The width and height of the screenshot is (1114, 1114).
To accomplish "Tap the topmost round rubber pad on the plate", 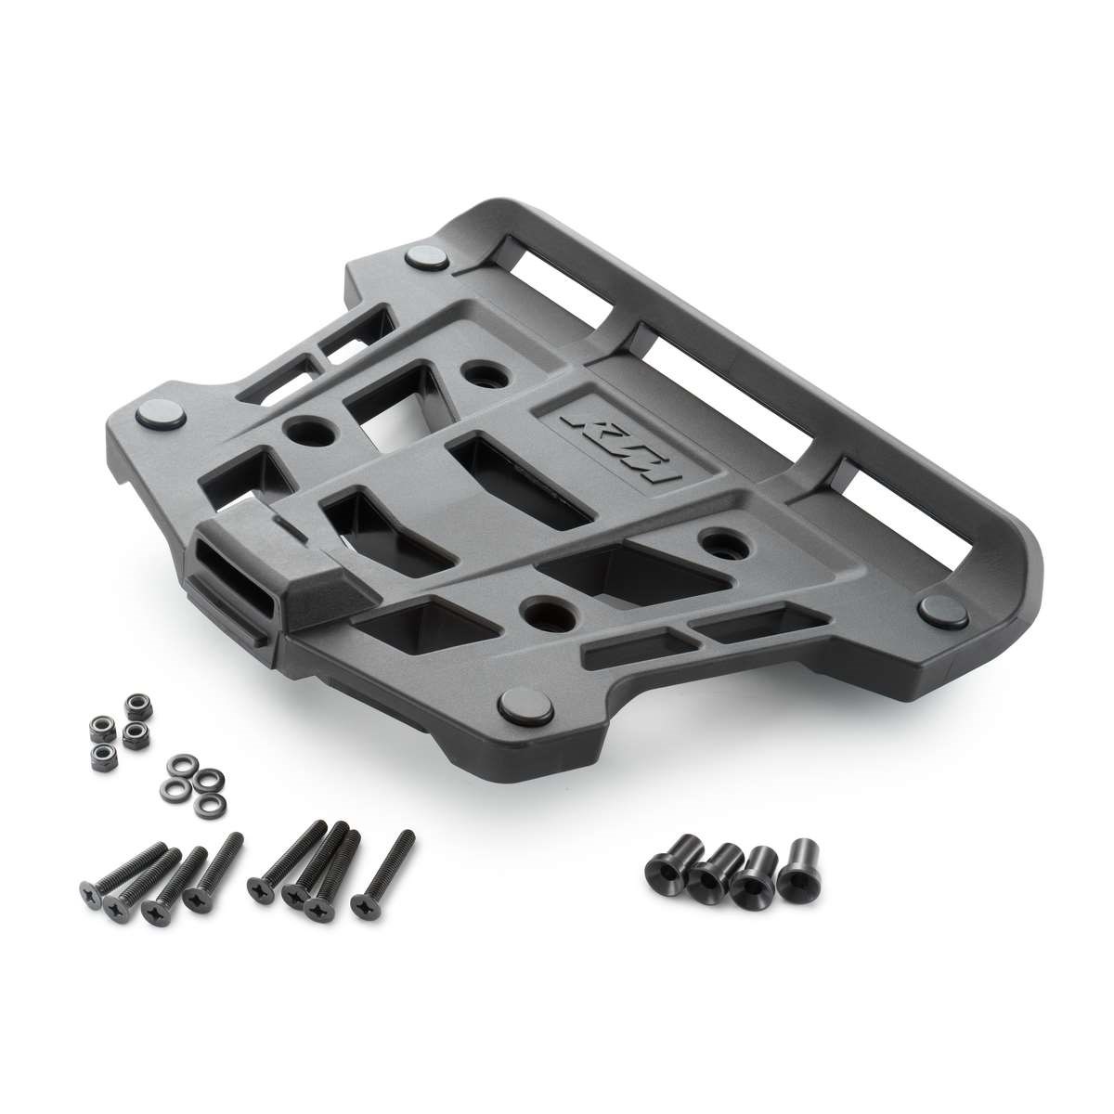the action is (428, 256).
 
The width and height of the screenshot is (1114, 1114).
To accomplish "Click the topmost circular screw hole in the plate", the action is (486, 374).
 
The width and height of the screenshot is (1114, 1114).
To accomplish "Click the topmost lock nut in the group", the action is (137, 705).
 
